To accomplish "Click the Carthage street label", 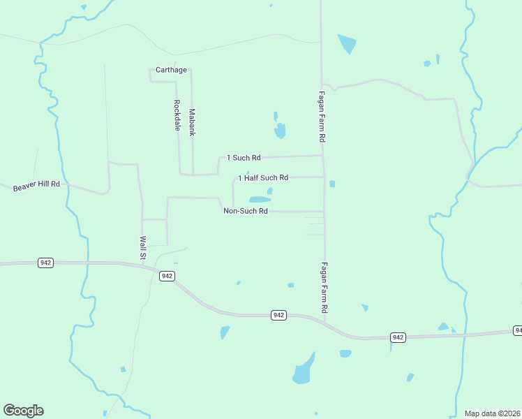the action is (x=171, y=70).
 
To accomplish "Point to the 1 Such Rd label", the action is (x=244, y=158).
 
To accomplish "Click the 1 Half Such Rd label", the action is (x=263, y=178).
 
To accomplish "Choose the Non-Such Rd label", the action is (x=246, y=211).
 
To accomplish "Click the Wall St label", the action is (x=142, y=248).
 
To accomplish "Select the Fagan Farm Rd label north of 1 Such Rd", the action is (x=322, y=117).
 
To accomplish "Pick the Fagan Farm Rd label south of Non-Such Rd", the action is (x=325, y=287).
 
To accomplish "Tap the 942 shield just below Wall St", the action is (x=167, y=276).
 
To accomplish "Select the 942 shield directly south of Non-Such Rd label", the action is (x=278, y=316).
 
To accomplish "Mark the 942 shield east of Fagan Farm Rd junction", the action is (x=398, y=337).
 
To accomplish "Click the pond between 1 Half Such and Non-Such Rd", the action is (x=260, y=199).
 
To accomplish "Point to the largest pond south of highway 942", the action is (x=303, y=370).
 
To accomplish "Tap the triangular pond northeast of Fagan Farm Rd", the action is (x=347, y=44).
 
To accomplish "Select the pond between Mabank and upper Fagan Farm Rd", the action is (x=280, y=130).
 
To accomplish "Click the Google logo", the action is (x=23, y=411).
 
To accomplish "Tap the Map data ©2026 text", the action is (x=492, y=413).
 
